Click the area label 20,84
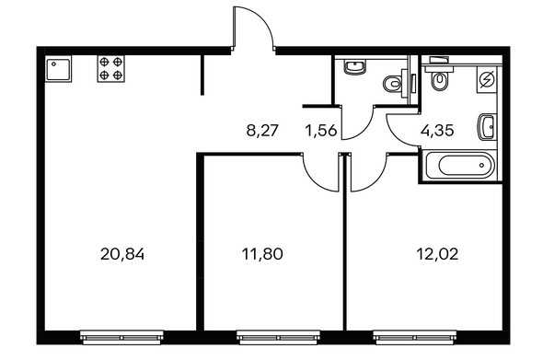[122, 255]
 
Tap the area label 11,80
[262, 254]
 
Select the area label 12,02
[437, 254]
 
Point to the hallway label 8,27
[262, 131]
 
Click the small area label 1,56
[321, 131]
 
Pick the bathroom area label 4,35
[437, 131]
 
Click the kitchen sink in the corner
[58, 69]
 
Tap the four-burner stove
[110, 69]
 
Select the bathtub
[460, 165]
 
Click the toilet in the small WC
[394, 84]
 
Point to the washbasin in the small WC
[354, 66]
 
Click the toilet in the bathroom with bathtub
[439, 78]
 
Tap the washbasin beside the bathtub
[487, 127]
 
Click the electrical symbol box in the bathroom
[487, 80]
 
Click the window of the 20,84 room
[121, 337]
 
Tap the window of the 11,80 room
[278, 337]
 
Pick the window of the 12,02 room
[414, 337]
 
